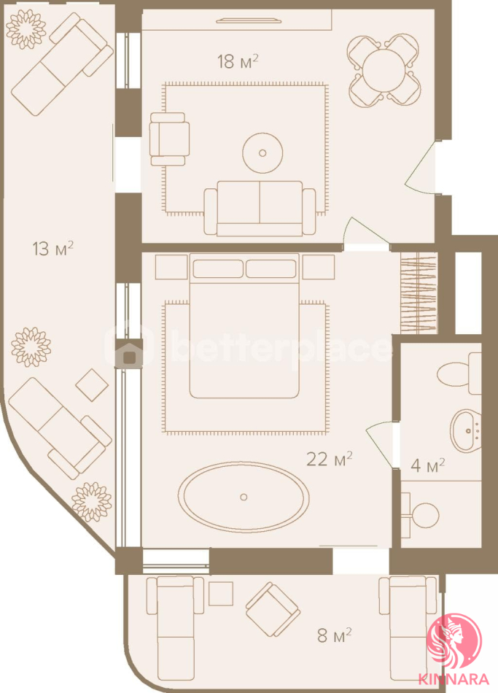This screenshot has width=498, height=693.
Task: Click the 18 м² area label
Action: point(237,61)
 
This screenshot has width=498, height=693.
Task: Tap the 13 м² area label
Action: point(52,248)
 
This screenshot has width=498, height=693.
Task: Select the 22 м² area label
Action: point(329,459)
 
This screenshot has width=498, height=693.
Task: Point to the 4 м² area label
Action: point(427,465)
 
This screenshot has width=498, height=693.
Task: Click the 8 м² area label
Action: point(335,635)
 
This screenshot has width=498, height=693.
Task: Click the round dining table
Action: point(383,69)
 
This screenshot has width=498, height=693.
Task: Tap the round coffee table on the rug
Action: point(262,153)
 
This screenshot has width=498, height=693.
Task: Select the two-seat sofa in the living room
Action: point(260,208)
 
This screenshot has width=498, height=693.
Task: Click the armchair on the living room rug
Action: point(169,139)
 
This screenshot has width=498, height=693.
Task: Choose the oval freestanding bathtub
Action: point(244,497)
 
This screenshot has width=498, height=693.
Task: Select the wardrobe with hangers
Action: point(419,293)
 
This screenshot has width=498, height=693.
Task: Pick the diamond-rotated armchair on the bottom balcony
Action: point(273,609)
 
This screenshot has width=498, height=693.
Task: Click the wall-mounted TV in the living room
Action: point(247,20)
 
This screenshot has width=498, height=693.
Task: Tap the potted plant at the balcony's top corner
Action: point(26,29)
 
